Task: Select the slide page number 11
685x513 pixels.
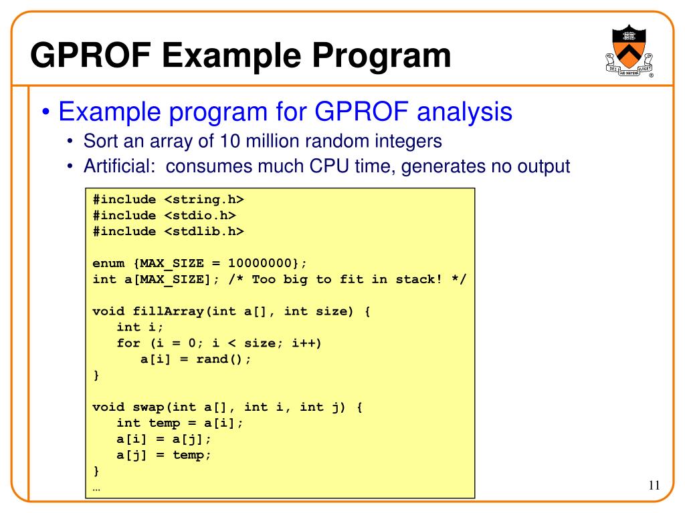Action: [654, 486]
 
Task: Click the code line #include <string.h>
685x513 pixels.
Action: [168, 200]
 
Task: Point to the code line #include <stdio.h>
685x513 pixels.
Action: [164, 216]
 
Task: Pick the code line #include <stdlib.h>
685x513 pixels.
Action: [168, 232]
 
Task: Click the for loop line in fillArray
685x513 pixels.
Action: [219, 343]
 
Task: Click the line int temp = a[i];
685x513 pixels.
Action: [180, 423]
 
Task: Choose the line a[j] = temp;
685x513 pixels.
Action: [164, 455]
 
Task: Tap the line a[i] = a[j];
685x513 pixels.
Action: [164, 439]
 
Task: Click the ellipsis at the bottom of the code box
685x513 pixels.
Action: [96, 488]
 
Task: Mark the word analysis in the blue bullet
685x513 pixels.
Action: [464, 112]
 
